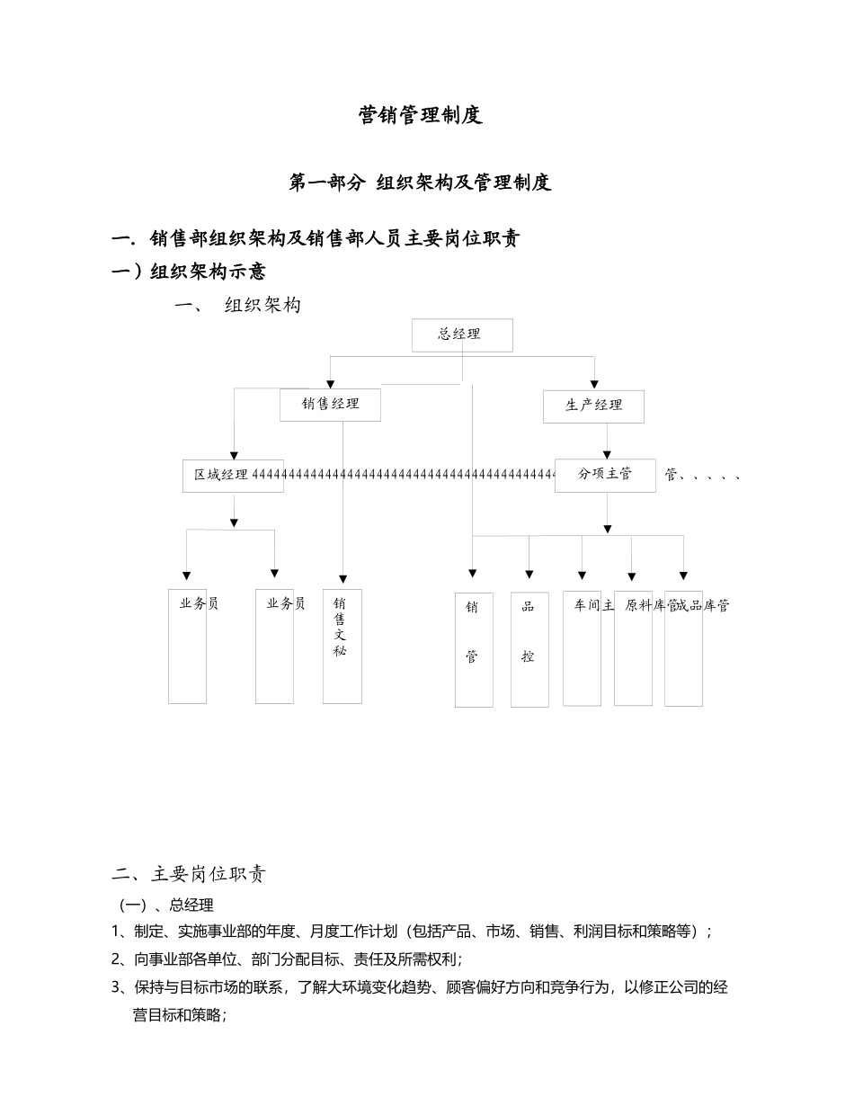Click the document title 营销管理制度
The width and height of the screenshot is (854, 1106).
tap(420, 115)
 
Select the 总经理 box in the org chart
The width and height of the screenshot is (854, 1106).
tap(462, 334)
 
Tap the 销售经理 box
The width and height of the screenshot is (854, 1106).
tap(330, 405)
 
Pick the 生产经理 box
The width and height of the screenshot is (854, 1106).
tap(593, 406)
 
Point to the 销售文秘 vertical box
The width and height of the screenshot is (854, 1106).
tap(342, 646)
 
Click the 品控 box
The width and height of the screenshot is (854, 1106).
tap(529, 648)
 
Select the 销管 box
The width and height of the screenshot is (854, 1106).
tap(473, 648)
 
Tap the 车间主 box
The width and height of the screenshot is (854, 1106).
tap(582, 647)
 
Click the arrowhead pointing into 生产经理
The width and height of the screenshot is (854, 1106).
tap(593, 385)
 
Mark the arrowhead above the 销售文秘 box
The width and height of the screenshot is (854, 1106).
tap(342, 579)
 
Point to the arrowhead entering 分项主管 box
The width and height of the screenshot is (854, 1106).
tap(607, 455)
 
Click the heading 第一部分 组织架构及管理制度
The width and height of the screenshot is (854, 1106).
tap(420, 183)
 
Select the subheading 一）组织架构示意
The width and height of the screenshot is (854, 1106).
tap(188, 271)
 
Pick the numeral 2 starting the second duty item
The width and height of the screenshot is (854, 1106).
tap(117, 959)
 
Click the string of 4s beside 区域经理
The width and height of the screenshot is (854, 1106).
tap(405, 474)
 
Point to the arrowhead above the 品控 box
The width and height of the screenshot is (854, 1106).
tap(529, 574)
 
